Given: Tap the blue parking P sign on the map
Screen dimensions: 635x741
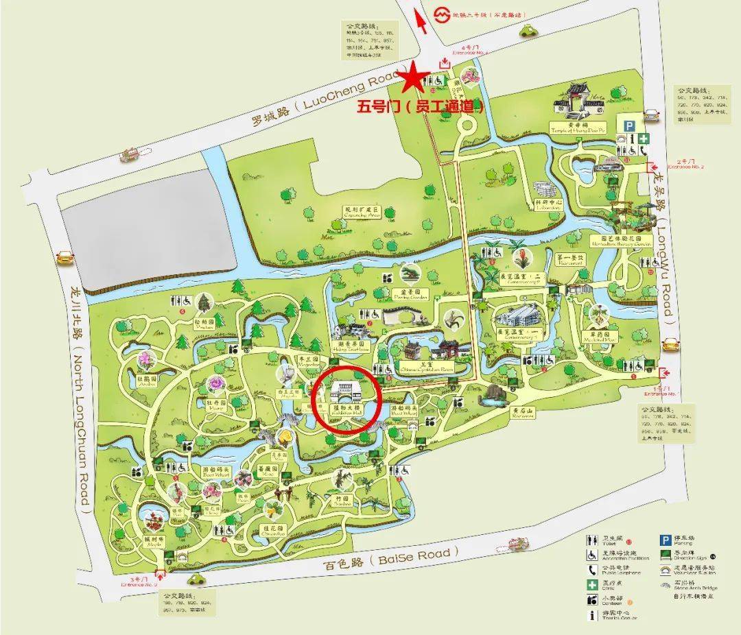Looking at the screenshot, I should point(629,124).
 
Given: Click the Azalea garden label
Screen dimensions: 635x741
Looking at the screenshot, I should point(145,381).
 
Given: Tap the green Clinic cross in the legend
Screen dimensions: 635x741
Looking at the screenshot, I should point(591,585).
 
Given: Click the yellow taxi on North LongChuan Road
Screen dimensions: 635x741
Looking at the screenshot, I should point(64,257).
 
